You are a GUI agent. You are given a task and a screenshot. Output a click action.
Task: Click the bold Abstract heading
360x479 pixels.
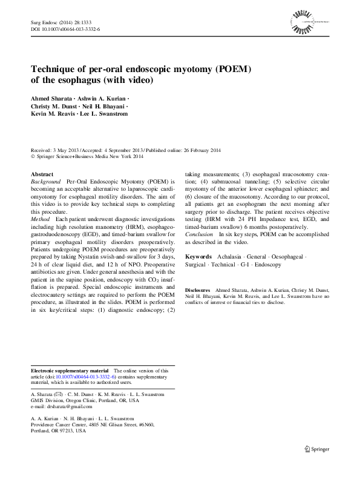coord(41,174)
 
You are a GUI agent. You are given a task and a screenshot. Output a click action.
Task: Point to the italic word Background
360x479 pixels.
coord(45,181)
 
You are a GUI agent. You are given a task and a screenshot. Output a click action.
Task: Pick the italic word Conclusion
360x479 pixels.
coord(198,233)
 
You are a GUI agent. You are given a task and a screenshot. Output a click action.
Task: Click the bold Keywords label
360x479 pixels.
coord(198,257)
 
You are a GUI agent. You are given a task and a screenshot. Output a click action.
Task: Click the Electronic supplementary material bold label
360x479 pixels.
coord(70,370)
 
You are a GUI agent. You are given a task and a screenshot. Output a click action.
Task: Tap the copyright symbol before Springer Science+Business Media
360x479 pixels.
coord(33,156)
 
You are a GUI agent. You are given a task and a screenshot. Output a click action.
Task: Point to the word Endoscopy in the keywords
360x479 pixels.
coord(268,265)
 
